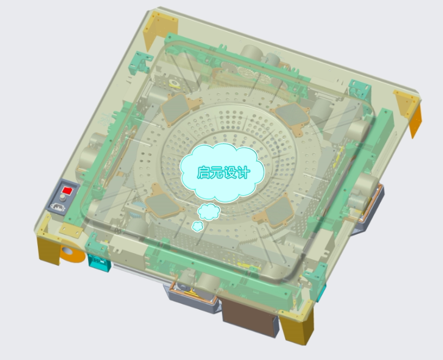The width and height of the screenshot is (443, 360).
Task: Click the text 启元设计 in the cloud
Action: tap(223, 173)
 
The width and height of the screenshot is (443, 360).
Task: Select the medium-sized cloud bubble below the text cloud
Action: tap(208, 212)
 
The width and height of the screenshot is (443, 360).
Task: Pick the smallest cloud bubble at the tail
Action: tap(198, 226)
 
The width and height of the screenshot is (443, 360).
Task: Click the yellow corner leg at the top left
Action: tap(160, 24)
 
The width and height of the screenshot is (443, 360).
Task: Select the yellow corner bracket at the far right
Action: tap(410, 110)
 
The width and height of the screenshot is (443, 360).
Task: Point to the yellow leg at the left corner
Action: tap(48, 248)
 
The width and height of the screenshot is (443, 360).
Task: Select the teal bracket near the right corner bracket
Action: tap(359, 87)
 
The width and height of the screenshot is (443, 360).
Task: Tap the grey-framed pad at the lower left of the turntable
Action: tap(161, 204)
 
